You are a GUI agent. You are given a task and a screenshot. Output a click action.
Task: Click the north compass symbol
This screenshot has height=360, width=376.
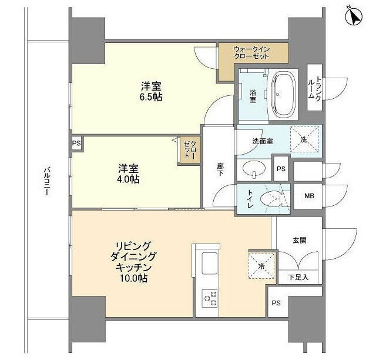pyautogui.click(x=354, y=18)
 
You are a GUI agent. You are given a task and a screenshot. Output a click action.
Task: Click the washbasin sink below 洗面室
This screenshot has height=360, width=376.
pyautogui.click(x=253, y=169)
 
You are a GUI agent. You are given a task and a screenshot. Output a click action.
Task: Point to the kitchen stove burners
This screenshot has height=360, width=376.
pyautogui.click(x=210, y=298)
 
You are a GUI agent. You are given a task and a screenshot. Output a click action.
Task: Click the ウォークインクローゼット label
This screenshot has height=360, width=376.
pyautogui.click(x=251, y=52)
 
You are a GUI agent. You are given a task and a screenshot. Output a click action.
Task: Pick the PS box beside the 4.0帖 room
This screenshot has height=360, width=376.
pyautogui.click(x=76, y=144)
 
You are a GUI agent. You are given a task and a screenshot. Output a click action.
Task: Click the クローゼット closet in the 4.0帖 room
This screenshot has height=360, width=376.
pyautogui.click(x=189, y=151)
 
